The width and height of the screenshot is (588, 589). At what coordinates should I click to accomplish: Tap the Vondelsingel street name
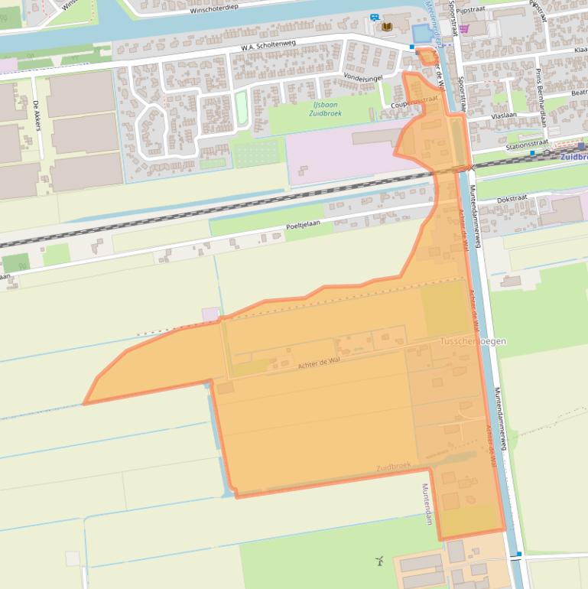click(x=362, y=77)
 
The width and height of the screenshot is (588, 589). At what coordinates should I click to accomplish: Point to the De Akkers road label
click(x=36, y=116)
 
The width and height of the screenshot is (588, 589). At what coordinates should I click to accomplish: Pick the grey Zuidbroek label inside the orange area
click(x=393, y=466)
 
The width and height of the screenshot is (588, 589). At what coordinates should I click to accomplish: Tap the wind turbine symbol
click(x=378, y=561)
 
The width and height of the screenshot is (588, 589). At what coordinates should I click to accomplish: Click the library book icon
click(x=386, y=27)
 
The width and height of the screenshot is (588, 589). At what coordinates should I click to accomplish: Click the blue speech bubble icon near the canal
click(x=374, y=17)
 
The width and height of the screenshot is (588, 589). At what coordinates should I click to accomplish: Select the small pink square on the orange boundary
click(x=210, y=314)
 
